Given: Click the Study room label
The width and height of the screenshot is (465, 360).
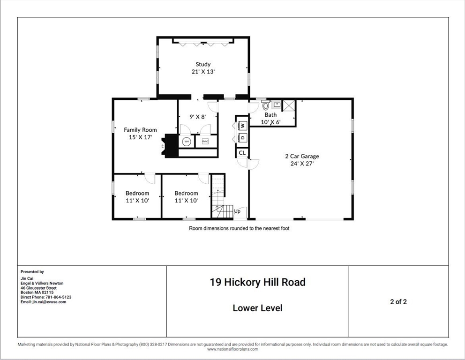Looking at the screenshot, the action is (x=203, y=64).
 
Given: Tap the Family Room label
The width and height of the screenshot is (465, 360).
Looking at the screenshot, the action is (x=140, y=129).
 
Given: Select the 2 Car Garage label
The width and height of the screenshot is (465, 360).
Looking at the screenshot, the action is (x=302, y=156).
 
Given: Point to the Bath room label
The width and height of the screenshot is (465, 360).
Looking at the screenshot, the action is (x=271, y=115).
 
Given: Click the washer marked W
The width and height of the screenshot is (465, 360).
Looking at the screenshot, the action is (x=243, y=126).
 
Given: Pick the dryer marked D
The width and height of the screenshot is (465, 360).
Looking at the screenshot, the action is (x=243, y=137).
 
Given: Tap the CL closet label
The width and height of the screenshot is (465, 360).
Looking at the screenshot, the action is (x=242, y=153).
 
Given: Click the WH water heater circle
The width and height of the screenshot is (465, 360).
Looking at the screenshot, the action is (x=187, y=142).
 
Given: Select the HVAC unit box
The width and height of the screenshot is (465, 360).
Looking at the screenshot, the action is (x=205, y=142).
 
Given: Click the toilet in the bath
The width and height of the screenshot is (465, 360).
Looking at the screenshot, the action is (x=266, y=105).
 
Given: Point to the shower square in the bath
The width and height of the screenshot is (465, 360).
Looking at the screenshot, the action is (x=289, y=105).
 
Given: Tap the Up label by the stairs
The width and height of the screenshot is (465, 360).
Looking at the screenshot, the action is (x=237, y=211).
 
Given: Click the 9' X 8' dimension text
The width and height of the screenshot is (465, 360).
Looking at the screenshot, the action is (x=198, y=117).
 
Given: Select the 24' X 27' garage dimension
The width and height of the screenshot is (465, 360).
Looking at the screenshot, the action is (x=302, y=164).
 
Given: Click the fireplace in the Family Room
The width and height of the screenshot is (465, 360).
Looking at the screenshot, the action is (x=170, y=146).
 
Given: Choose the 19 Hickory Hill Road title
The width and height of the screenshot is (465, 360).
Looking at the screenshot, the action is (x=258, y=282).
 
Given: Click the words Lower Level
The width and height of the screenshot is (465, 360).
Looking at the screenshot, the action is (x=257, y=308).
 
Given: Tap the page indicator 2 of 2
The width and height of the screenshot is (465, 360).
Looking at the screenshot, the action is (x=398, y=301).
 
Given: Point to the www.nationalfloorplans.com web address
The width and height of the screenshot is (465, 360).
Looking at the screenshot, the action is (x=233, y=349).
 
